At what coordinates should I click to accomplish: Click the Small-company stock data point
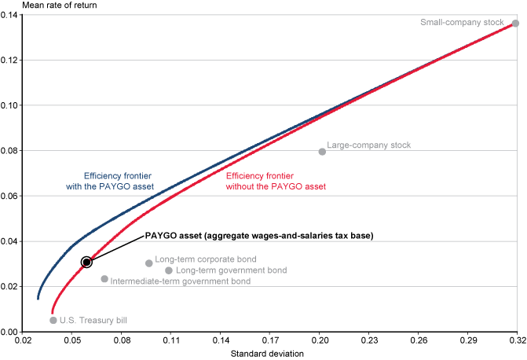coord(516,24)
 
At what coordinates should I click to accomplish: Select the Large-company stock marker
coord(322,152)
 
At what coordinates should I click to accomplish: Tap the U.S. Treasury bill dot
coord(53,320)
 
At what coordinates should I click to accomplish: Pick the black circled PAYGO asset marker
coord(86,262)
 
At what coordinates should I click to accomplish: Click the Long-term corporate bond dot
coord(149,263)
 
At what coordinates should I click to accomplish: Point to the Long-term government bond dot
coord(169,270)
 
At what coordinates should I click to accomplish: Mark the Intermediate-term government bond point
coord(104,279)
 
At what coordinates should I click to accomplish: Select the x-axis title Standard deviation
coord(267,354)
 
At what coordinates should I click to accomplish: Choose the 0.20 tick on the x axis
coord(318,342)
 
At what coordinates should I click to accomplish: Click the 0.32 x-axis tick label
coord(516,342)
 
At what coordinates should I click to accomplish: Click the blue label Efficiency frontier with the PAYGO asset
coord(118,182)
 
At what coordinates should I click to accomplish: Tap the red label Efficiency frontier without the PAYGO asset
coord(276,182)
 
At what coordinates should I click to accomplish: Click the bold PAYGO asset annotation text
coord(258,236)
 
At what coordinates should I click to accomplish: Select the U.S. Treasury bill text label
coord(93,320)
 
